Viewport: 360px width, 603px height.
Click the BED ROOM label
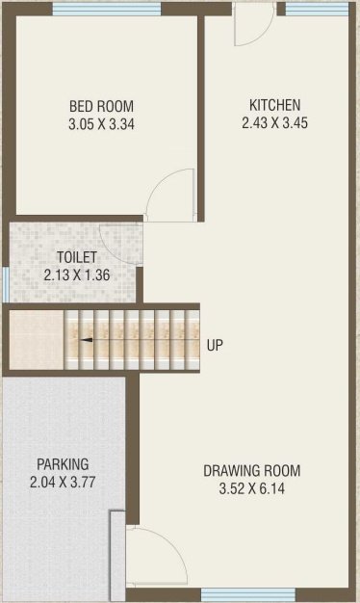click(x=101, y=106)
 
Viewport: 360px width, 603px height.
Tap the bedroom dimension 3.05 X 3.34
click(x=101, y=124)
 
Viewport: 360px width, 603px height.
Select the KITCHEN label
click(x=274, y=105)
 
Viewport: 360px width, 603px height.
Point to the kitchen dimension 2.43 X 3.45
click(x=274, y=122)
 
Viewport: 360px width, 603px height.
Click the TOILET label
click(x=77, y=256)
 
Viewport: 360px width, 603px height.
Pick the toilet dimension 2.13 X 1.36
click(x=77, y=275)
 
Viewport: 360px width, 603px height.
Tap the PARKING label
click(x=63, y=463)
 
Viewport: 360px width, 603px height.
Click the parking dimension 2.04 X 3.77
click(x=63, y=482)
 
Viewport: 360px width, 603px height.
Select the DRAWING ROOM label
click(x=252, y=471)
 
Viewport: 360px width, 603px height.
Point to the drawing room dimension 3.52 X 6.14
click(x=252, y=488)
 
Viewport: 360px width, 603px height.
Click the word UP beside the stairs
click(x=215, y=345)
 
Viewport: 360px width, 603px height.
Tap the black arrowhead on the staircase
click(x=87, y=340)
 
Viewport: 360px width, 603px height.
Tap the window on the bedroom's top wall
click(x=107, y=10)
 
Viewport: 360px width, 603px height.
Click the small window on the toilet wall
click(x=6, y=284)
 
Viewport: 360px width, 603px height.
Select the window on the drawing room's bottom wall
click(x=248, y=593)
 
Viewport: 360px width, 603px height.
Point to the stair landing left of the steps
click(x=37, y=340)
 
